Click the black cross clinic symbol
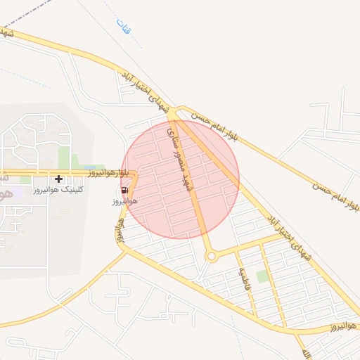pos(58,179)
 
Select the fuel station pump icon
pos(124,190)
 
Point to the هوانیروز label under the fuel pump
pos(124,202)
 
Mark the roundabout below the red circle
pos(212,257)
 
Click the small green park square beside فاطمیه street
pos(262,276)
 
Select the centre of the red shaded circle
pos(180,179)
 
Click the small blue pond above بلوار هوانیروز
pos(91,167)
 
